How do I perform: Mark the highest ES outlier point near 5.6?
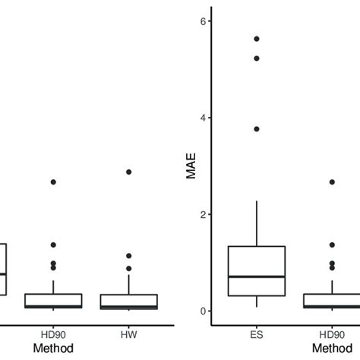[256, 39]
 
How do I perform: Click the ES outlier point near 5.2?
[256, 58]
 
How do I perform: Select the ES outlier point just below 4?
[256, 129]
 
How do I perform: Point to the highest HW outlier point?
[128, 172]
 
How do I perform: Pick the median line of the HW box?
[128, 307]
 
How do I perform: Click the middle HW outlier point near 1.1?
[128, 256]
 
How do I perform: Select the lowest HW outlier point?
[128, 268]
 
